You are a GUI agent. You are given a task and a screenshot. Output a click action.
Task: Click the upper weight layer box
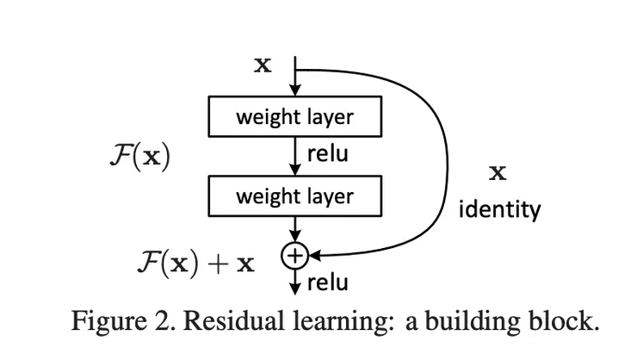pos(294,115)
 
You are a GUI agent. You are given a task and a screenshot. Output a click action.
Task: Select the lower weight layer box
pos(294,196)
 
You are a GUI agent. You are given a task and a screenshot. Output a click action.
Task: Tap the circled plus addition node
pos(294,254)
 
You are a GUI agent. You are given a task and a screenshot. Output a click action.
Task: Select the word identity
pos(498,208)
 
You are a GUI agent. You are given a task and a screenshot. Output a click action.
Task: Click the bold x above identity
pos(497,173)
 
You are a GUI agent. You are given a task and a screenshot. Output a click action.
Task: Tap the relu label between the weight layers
pos(327,155)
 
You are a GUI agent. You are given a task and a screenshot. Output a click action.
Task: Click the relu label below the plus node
pos(327,282)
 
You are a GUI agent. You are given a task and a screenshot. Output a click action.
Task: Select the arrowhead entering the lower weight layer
pos(294,171)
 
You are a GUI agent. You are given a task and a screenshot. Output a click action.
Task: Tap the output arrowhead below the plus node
pos(294,286)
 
